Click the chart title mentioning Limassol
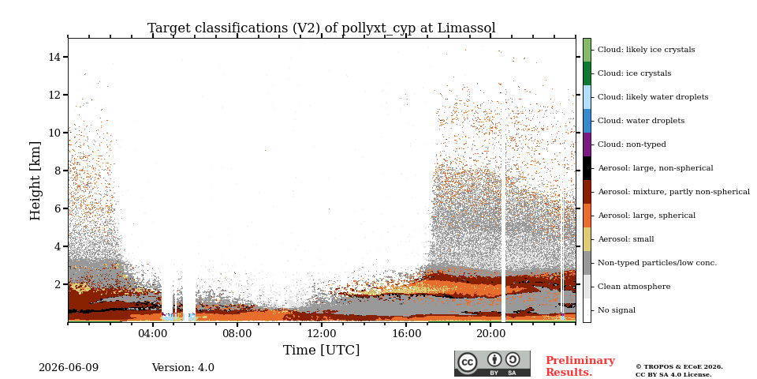pos(322,28)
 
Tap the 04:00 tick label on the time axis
pos(152,334)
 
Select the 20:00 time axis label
pos(490,334)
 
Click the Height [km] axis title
pos(35,181)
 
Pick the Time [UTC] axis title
pos(322,350)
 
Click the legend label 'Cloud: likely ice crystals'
pos(647,49)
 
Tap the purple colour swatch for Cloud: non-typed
pos(587,144)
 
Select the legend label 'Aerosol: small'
pos(626,239)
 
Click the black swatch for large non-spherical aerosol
pos(587,168)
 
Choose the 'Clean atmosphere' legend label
pos(634,287)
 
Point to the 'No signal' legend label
pos(617,310)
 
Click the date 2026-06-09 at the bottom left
pos(69,368)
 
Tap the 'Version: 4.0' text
pos(183,368)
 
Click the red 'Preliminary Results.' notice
pos(580,366)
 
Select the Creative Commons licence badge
pos(492,363)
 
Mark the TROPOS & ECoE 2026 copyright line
pos(679,367)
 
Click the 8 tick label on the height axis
pos(58,171)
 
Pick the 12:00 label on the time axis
pos(322,334)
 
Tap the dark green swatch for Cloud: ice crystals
pos(587,73)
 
